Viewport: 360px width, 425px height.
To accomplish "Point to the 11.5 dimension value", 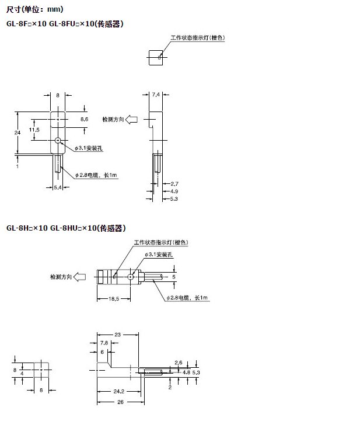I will pos(34,130).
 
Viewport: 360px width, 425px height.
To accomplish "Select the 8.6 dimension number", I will pos(84,119).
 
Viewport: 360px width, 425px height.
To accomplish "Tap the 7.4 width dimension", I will pos(155,93).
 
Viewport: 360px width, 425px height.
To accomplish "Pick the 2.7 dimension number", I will pos(174,184).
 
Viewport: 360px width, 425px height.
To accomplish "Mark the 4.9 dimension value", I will pos(174,191).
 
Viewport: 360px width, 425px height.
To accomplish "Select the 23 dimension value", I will pos(117,335).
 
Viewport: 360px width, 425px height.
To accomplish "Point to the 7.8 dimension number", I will pos(104,342).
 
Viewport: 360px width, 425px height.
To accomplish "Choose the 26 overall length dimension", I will pos(117,402).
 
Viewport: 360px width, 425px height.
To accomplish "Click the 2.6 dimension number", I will pos(179,363).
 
